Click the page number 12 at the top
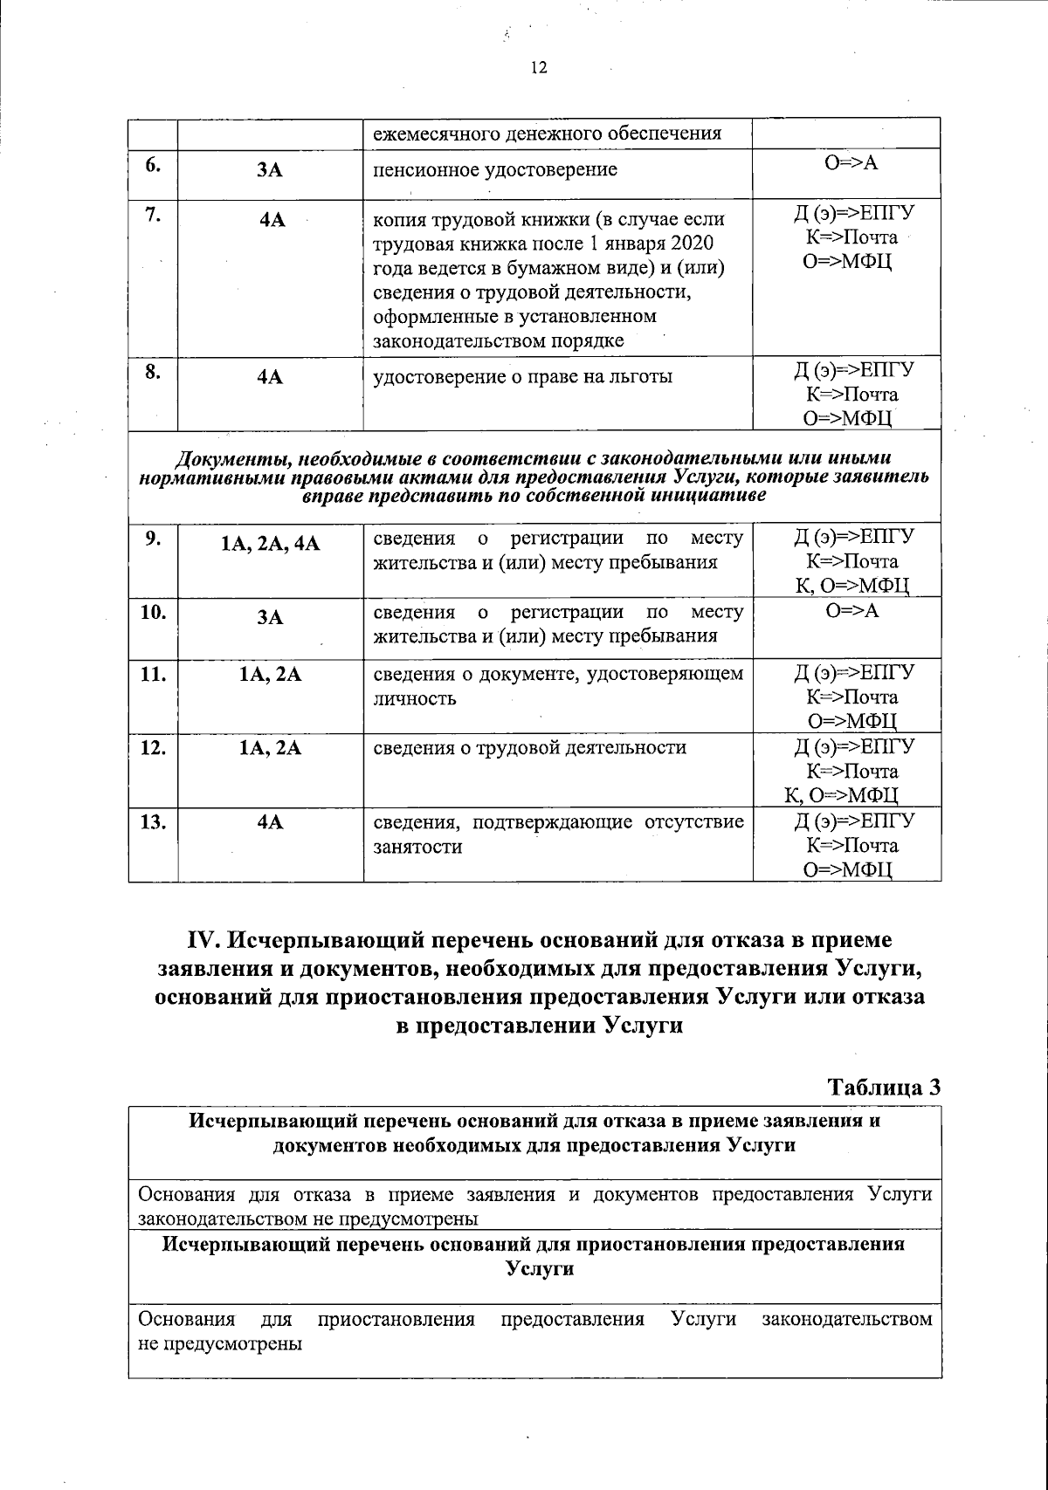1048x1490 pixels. coord(538,68)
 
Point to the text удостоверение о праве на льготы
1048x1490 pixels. coord(523,377)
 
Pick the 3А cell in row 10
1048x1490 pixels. coord(271,618)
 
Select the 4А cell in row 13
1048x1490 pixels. coord(271,821)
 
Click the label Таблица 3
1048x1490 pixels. coord(885,1087)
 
